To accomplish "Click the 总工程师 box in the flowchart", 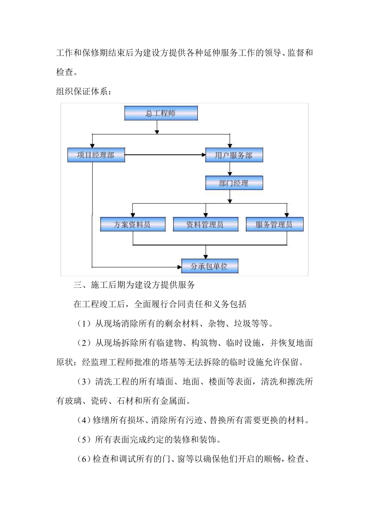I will pos(161,113).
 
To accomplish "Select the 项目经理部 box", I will pos(96,155).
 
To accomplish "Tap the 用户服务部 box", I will pos(234,155).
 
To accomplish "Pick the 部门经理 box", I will pos(234,183).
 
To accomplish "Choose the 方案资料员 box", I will pos(132,224).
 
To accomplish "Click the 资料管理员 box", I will pos(205,224).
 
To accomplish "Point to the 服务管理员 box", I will pos(274,224).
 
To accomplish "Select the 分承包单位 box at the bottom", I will pos(209,266).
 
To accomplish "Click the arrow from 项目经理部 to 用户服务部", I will pos(165,155).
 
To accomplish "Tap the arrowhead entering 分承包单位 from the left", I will pos(179,267).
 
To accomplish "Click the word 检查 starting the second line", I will pos(64,72).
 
